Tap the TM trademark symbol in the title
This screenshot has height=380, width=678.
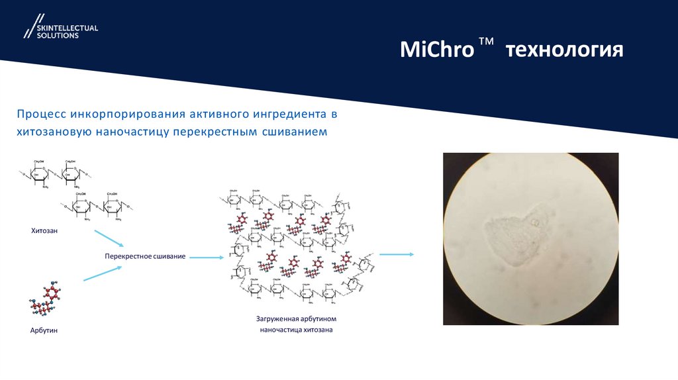tap(487, 43)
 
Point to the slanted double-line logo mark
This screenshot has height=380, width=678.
tap(30, 26)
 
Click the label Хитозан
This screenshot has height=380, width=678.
tap(44, 231)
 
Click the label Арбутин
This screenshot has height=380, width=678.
tap(44, 330)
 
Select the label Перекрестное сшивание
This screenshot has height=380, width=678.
tap(144, 256)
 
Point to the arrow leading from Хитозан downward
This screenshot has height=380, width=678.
tap(109, 240)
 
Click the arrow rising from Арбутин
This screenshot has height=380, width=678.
tap(103, 273)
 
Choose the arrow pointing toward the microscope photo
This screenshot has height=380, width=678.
tap(396, 254)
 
